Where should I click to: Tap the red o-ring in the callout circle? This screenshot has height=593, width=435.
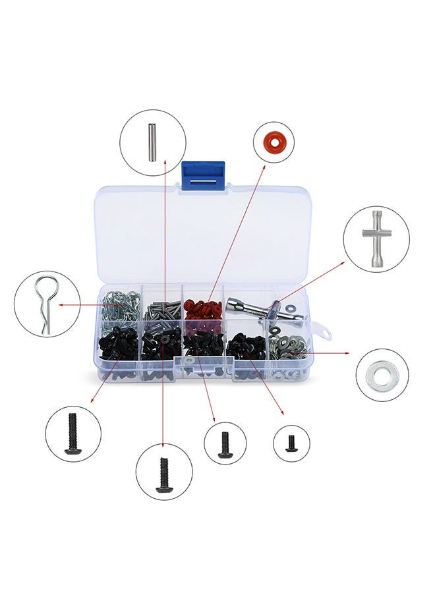pos(274,142)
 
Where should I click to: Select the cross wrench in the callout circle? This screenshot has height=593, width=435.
pos(376,239)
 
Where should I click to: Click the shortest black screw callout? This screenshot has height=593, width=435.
pos(291,443)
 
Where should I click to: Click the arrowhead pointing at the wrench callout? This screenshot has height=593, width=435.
pos(342,263)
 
